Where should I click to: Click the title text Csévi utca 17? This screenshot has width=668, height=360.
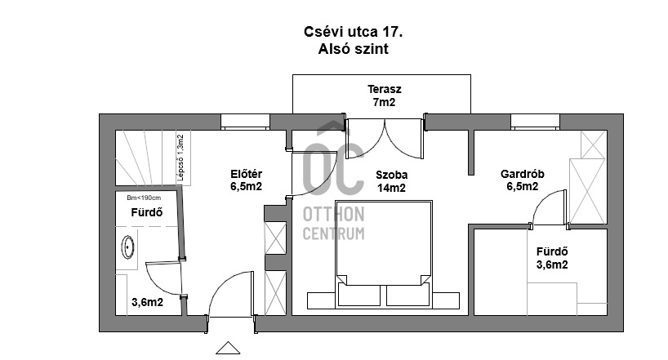pyautogui.click(x=353, y=32)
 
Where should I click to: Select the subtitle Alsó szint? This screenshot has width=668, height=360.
pyautogui.click(x=353, y=49)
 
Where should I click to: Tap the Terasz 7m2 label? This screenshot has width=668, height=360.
pyautogui.click(x=385, y=96)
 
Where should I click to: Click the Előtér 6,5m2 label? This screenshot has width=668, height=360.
pyautogui.click(x=247, y=180)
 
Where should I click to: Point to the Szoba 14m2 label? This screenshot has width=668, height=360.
pyautogui.click(x=391, y=181)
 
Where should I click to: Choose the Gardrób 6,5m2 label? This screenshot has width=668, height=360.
pyautogui.click(x=523, y=180)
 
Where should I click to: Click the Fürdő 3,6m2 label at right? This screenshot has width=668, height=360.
pyautogui.click(x=552, y=258)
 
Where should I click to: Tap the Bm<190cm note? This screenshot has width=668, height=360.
pyautogui.click(x=144, y=198)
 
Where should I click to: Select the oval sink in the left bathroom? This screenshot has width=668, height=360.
pyautogui.click(x=128, y=247)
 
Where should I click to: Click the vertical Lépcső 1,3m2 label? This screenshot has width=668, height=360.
pyautogui.click(x=180, y=158)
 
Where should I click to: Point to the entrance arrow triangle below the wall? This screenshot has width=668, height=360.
pyautogui.click(x=228, y=348)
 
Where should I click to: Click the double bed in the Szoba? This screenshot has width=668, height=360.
pyautogui.click(x=384, y=254)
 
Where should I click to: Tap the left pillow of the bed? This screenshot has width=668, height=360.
pyautogui.click(x=358, y=295)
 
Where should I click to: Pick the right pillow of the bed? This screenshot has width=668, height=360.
pyautogui.click(x=407, y=295)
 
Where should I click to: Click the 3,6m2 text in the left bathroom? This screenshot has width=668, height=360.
pyautogui.click(x=148, y=303)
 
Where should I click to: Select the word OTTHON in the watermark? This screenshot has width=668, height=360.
pyautogui.click(x=333, y=215)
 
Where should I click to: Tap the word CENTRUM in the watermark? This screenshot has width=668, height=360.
pyautogui.click(x=333, y=233)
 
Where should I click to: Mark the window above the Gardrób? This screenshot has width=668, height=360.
pyautogui.click(x=535, y=122)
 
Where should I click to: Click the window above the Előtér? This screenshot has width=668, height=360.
pyautogui.click(x=245, y=122)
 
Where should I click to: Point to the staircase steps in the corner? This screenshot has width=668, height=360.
pyautogui.click(x=146, y=158)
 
